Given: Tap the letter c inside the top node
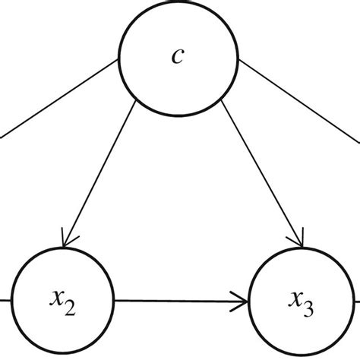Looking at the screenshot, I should [x=177, y=57].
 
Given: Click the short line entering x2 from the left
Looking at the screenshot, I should [x=5, y=300].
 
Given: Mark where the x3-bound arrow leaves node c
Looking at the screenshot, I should [x=222, y=100].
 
